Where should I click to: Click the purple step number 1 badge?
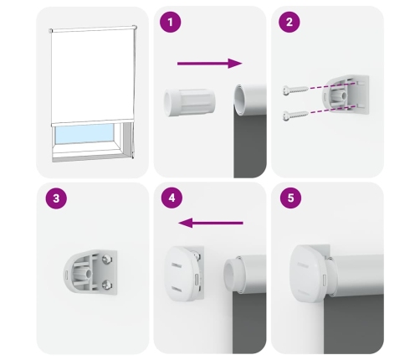click(171, 22)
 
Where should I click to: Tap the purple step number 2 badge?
click(289, 22)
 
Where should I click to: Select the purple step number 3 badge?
click(56, 198)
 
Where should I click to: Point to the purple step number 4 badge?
click(172, 198)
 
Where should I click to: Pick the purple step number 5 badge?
click(291, 198)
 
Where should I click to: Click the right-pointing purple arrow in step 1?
click(210, 64)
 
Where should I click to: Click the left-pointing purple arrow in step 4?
click(211, 223)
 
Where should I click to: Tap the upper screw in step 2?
click(295, 90)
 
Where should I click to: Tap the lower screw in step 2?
click(295, 115)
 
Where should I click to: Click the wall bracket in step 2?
click(346, 95)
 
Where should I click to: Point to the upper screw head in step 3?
click(107, 260)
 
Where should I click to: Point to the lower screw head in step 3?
click(107, 285)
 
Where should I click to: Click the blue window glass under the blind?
click(84, 134)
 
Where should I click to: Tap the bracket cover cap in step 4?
click(183, 273)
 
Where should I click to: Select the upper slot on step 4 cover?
click(176, 265)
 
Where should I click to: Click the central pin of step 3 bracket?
click(87, 274)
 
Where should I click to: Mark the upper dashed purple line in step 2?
click(332, 85)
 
